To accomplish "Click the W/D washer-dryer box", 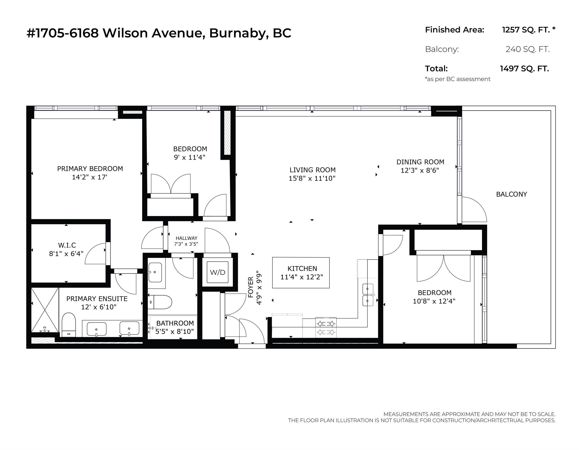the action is pyautogui.click(x=218, y=272).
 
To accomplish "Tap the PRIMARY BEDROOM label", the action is pyautogui.click(x=90, y=169).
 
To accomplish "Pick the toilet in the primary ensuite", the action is pyautogui.click(x=69, y=325).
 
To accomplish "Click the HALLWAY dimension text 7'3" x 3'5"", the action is pyautogui.click(x=186, y=244).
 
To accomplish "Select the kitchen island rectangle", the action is pyautogui.click(x=301, y=272).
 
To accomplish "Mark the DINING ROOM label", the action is pyautogui.click(x=420, y=162).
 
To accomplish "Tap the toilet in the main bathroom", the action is pyautogui.click(x=160, y=302).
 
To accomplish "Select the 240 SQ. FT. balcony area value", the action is pyautogui.click(x=528, y=49).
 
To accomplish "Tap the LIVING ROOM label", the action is pyautogui.click(x=313, y=170).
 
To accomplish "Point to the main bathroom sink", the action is pyautogui.click(x=155, y=272).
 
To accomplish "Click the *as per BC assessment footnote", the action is pyautogui.click(x=458, y=79).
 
